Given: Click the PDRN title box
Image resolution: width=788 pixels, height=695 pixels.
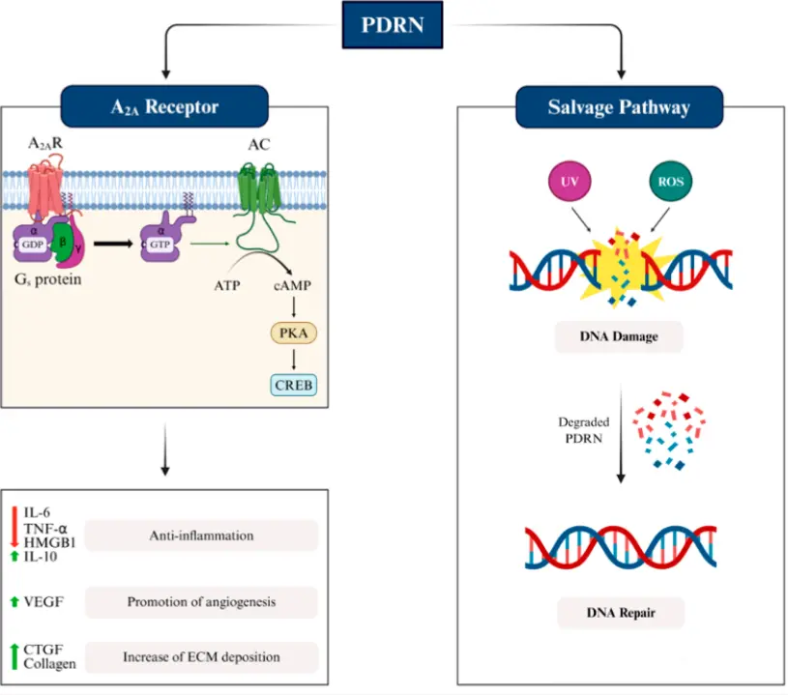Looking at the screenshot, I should tap(393, 23).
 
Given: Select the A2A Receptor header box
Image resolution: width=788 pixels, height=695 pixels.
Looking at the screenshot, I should tap(163, 105).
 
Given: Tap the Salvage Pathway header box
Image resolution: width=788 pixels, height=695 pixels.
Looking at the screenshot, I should tap(619, 105).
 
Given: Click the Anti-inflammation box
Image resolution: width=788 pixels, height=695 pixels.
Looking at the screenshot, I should tap(201, 535).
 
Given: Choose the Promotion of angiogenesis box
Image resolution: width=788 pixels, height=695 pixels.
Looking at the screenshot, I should tap(201, 602).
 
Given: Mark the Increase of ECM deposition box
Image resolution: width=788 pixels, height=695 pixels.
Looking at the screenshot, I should tap(201, 657).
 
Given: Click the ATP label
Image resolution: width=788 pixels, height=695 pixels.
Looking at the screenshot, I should tap(228, 287).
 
